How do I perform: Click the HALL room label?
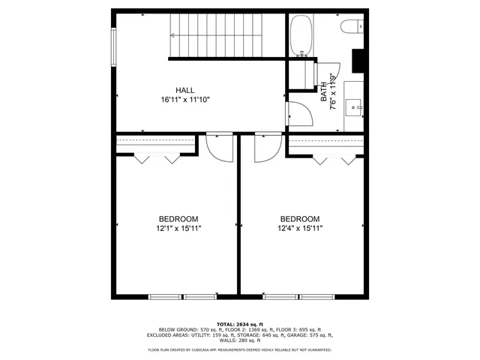[x=184, y=89]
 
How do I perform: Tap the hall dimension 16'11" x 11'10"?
[x=184, y=99]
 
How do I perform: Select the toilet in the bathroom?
[x=352, y=28]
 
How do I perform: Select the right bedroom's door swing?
[x=265, y=148]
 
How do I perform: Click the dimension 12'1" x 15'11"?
[x=178, y=228]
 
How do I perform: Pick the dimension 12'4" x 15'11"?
[x=300, y=228]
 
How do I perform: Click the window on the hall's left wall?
[x=114, y=47]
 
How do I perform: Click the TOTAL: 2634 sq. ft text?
[x=240, y=322]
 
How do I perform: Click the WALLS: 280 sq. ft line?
[x=240, y=340]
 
